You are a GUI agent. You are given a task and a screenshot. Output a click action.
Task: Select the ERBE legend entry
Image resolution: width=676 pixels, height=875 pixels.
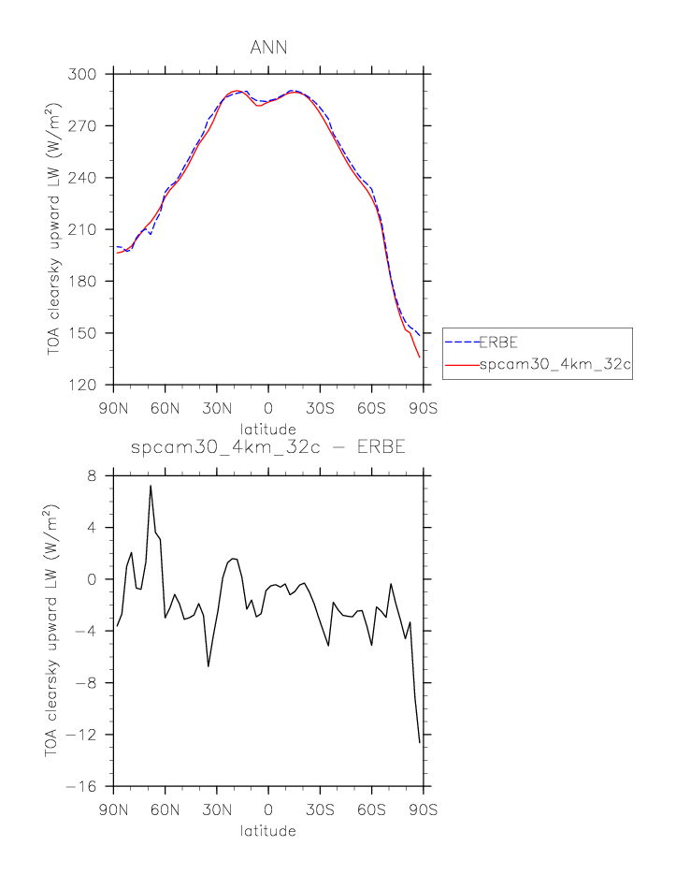click(498, 343)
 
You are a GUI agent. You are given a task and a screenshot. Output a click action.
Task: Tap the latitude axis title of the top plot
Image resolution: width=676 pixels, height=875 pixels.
click(267, 427)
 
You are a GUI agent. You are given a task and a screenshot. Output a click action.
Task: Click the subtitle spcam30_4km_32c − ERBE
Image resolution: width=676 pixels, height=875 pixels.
click(267, 448)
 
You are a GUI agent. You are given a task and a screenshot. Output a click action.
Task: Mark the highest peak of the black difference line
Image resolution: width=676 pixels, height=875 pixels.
click(151, 486)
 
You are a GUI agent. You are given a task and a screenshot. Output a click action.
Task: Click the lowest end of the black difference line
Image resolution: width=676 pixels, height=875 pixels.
click(420, 743)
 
